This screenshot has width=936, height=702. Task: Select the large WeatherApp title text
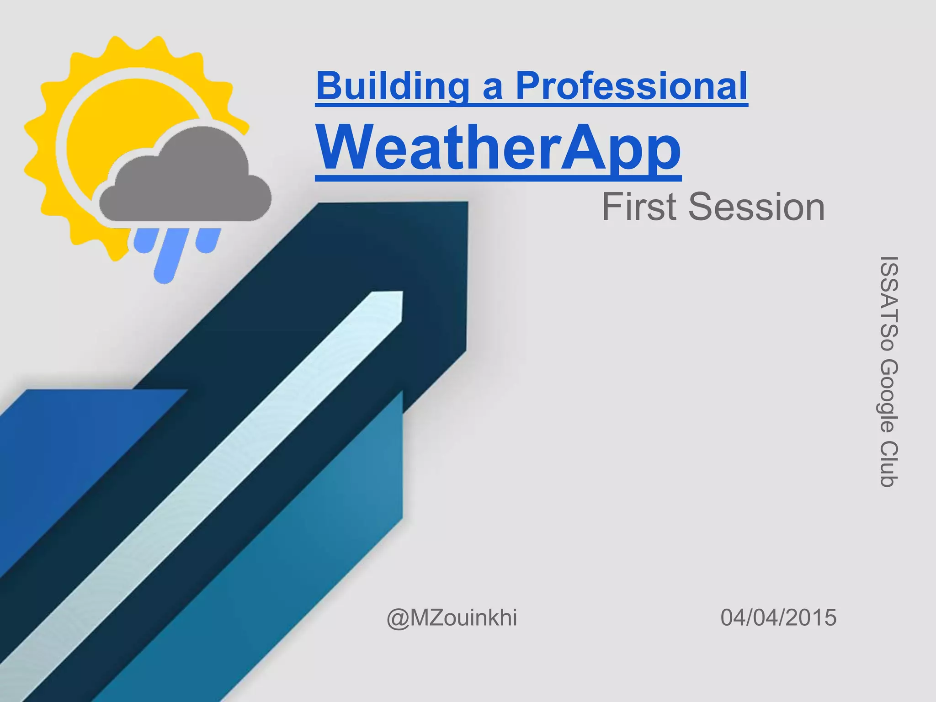point(498,148)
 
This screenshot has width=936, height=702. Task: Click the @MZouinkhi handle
point(452,617)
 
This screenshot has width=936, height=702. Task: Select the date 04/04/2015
point(778,617)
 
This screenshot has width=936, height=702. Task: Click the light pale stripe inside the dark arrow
point(229,457)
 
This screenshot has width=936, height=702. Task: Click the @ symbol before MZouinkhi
point(398,618)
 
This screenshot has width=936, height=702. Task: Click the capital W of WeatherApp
point(347,148)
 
